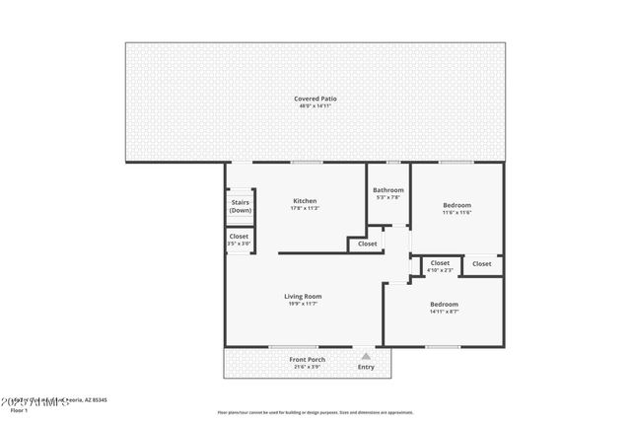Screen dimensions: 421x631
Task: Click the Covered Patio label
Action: pos(315,98)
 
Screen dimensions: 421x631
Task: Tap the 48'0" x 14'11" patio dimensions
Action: pos(315,105)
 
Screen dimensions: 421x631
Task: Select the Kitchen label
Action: pos(303,200)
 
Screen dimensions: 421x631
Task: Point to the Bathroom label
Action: pos(387,189)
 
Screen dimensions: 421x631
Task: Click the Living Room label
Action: pos(303,296)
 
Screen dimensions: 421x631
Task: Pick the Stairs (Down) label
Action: pos(240,205)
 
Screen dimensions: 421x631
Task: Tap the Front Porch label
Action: pos(307,359)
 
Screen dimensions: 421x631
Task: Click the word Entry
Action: pos(366,367)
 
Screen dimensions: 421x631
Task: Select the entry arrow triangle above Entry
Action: pos(366,357)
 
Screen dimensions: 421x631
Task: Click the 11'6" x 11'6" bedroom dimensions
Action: pos(456,213)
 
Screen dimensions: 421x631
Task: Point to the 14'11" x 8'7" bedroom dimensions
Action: pos(444,313)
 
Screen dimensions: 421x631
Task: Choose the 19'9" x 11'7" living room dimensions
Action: pos(303,304)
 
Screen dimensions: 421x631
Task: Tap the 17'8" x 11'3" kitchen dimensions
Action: pos(303,208)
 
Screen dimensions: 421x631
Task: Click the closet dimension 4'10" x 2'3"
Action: pos(440,270)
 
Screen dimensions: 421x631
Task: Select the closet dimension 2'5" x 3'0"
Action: pos(239,244)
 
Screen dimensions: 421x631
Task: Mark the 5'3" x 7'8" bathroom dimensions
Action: pos(387,197)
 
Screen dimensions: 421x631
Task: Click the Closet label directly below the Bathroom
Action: pos(367,244)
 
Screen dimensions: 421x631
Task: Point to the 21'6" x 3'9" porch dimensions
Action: pos(307,367)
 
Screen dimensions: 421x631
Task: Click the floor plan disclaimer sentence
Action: pos(315,411)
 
